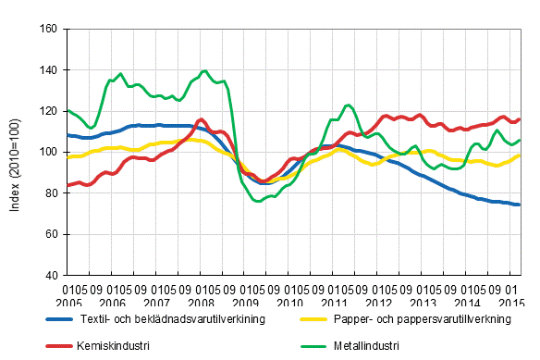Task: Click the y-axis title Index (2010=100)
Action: tap(15, 153)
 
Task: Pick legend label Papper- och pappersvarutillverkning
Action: tap(430, 320)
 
